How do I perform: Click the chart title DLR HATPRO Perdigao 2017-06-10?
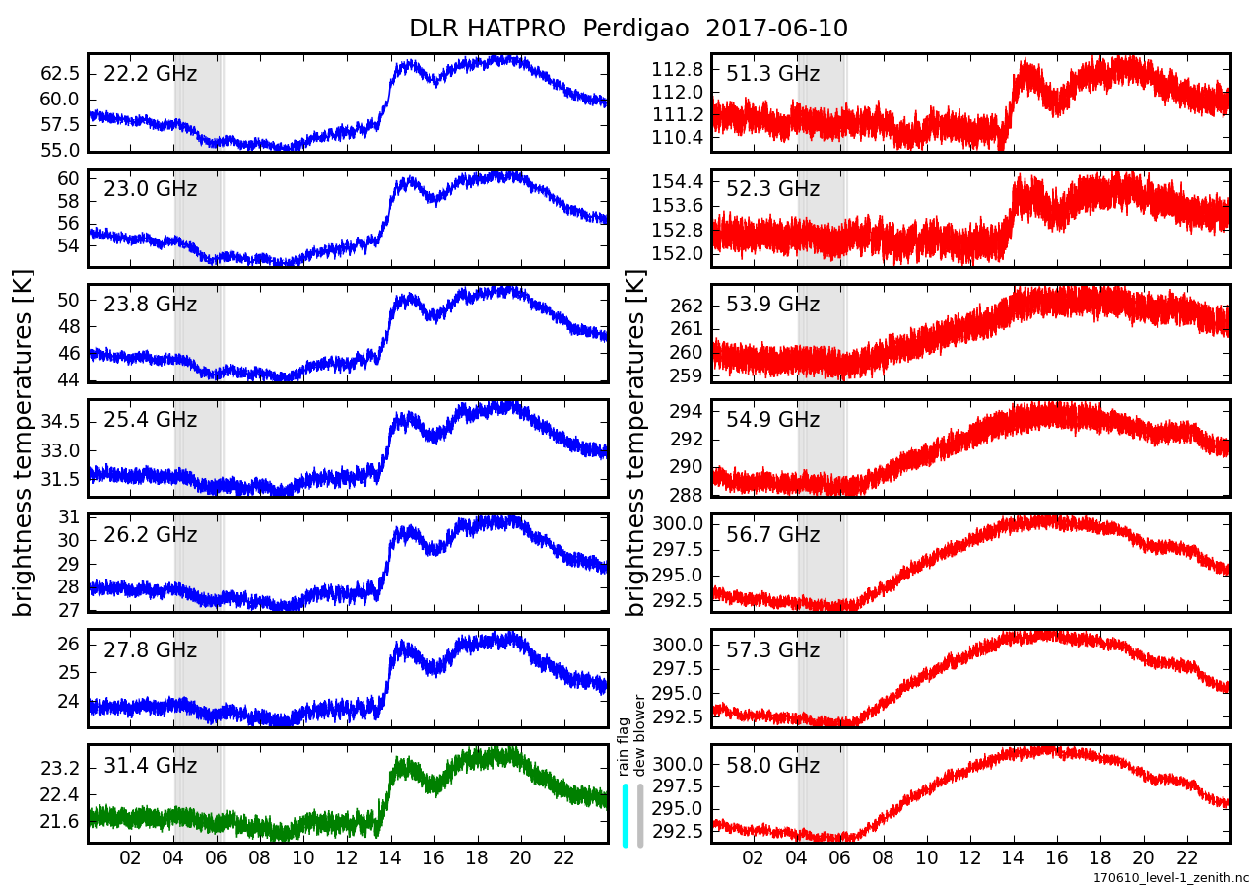(x=628, y=29)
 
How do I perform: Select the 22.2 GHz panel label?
(x=150, y=74)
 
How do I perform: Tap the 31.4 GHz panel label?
(x=150, y=766)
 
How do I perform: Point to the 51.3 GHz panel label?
(x=772, y=74)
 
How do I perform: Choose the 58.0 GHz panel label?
(x=772, y=766)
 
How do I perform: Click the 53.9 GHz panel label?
(x=772, y=305)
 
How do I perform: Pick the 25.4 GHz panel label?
(x=150, y=420)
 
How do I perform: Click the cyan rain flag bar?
(x=625, y=814)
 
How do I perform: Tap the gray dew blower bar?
(x=640, y=814)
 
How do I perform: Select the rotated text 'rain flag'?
(x=624, y=748)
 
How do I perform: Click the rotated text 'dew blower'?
(x=639, y=736)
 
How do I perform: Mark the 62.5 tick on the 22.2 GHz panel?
(x=60, y=74)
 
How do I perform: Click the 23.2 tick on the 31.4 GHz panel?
(x=60, y=768)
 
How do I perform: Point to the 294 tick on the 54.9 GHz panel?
(x=686, y=411)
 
